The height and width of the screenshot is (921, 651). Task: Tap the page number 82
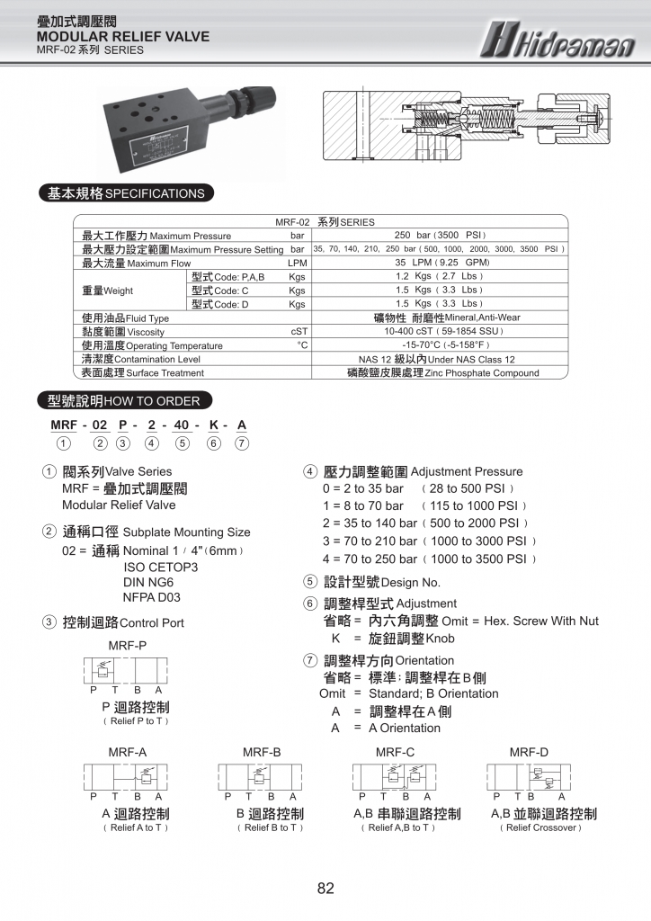(325, 889)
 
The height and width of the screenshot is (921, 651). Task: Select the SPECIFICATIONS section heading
(122, 193)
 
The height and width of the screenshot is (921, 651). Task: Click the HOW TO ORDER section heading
(118, 401)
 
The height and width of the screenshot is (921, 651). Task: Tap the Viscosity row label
(123, 332)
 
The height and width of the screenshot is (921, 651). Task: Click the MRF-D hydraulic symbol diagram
(530, 776)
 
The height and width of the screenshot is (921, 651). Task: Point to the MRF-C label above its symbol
(395, 752)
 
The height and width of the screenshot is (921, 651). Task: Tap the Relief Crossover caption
(541, 827)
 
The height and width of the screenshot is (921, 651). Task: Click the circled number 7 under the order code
(241, 443)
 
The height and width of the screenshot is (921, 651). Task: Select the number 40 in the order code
(183, 425)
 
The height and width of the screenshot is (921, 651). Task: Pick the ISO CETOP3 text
(160, 567)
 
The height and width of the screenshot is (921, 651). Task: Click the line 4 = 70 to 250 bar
(430, 559)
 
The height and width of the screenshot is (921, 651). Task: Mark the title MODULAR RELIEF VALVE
(123, 37)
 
